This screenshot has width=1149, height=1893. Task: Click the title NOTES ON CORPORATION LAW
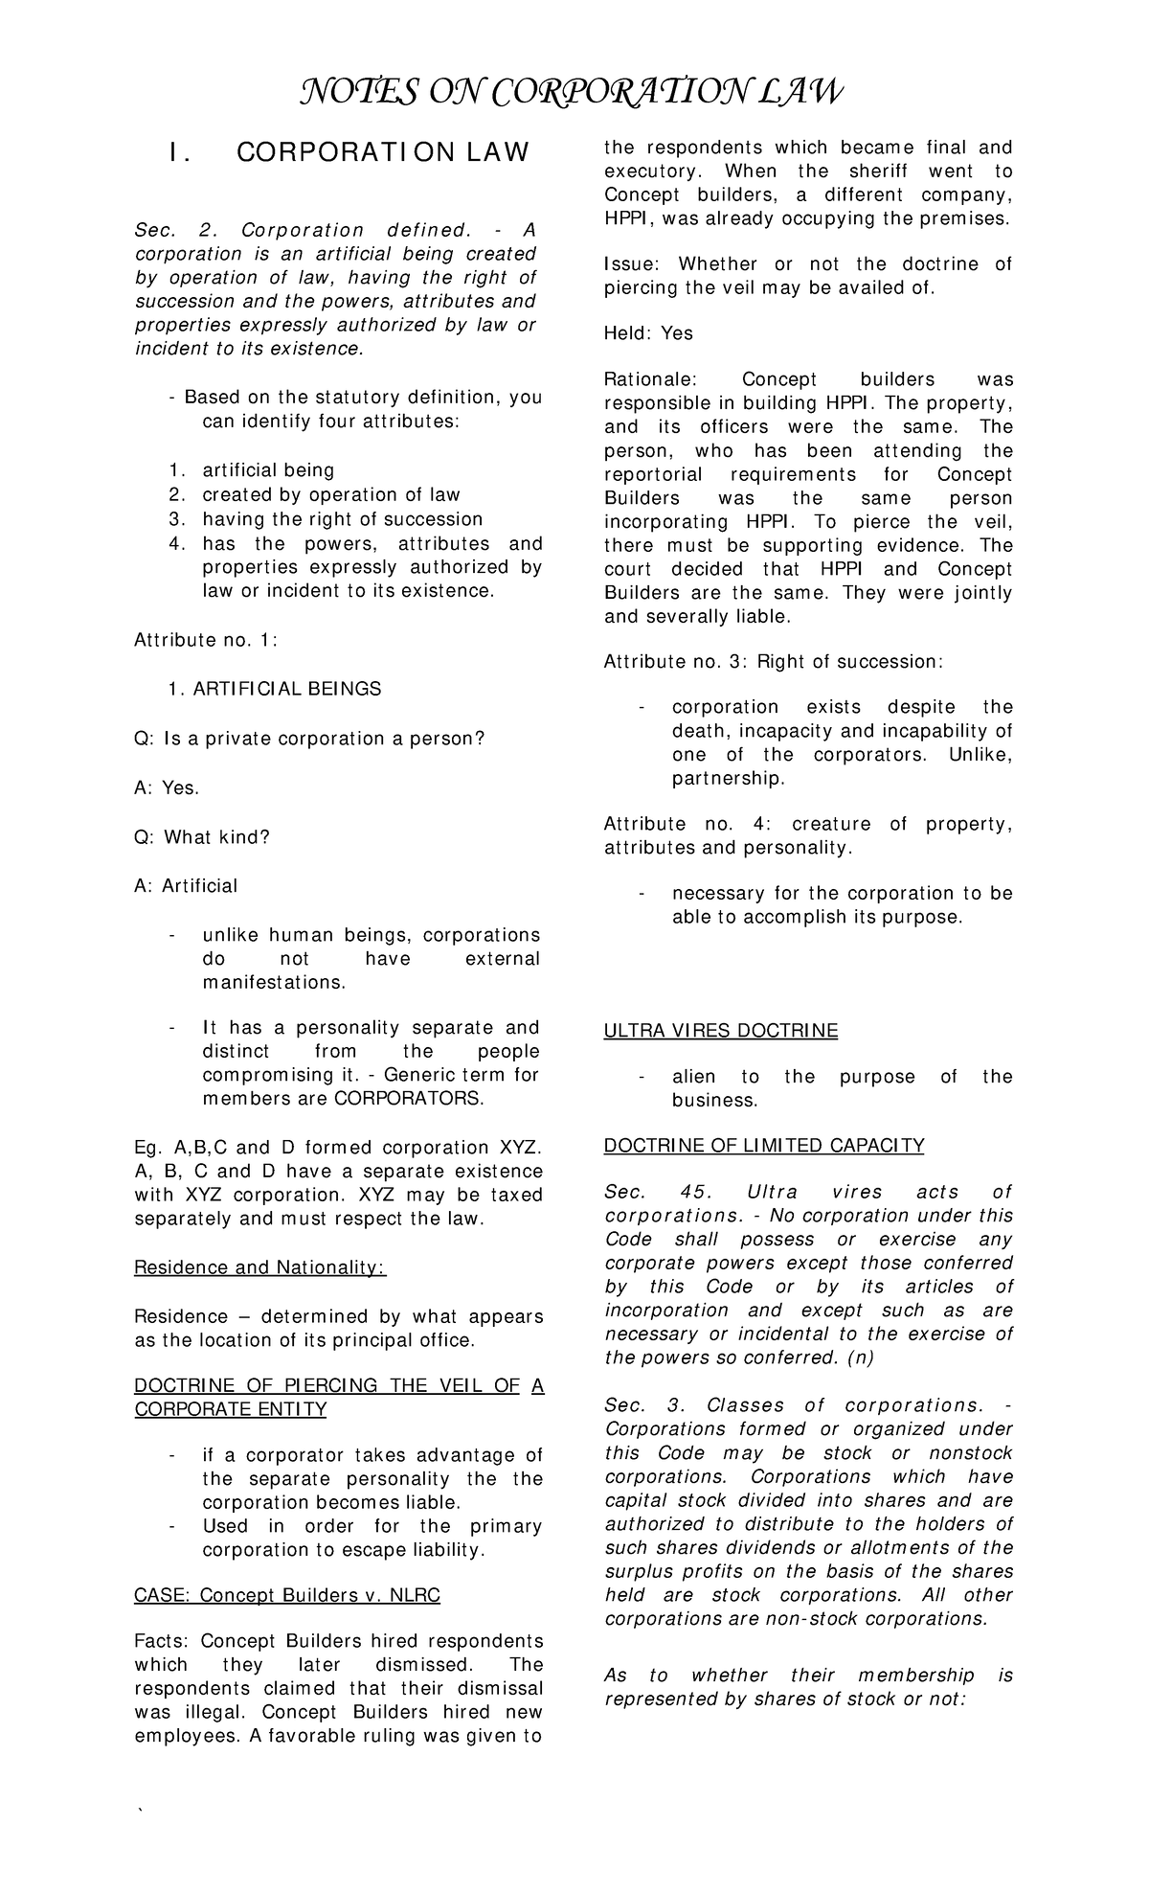coord(573,93)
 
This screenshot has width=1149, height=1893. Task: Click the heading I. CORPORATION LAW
coord(348,152)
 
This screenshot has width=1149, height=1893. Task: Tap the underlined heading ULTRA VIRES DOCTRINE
coord(720,1031)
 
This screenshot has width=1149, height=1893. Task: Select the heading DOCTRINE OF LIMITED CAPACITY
coord(763,1145)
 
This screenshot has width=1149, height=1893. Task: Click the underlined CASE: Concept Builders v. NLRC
coord(287,1595)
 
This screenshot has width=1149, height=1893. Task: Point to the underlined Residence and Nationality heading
coord(259,1267)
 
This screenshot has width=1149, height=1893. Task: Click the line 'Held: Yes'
coord(648,333)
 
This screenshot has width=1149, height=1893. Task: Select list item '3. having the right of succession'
coord(326,519)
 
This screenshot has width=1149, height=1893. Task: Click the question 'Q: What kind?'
coord(202,837)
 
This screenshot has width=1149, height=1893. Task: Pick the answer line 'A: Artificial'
coord(186,886)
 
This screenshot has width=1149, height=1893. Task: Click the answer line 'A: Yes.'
coord(167,787)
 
